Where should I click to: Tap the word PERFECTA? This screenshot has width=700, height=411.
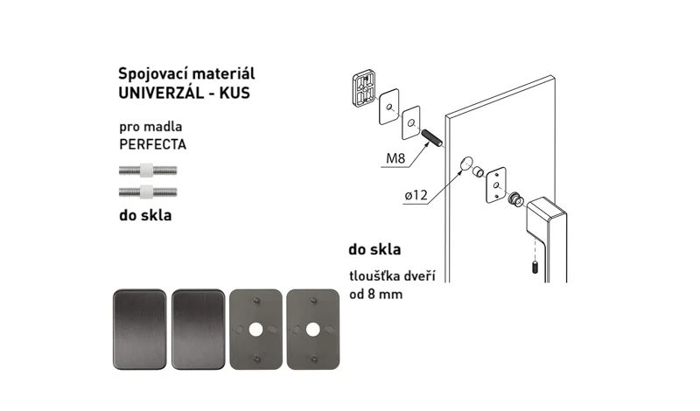[x=152, y=144]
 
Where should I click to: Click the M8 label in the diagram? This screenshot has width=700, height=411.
[x=395, y=158]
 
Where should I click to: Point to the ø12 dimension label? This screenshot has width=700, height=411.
[x=416, y=195]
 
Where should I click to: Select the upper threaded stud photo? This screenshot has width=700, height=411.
[x=148, y=170]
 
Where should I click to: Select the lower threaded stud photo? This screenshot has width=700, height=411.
[x=148, y=192]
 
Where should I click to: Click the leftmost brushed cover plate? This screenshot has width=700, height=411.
[x=140, y=330]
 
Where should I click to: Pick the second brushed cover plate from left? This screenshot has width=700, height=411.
[x=199, y=330]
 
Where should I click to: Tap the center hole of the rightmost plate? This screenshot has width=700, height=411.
[x=312, y=330]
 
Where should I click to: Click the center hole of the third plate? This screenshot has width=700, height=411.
[x=255, y=330]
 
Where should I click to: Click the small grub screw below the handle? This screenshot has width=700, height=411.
[x=535, y=268]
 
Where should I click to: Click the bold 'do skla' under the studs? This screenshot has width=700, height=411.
[x=145, y=215]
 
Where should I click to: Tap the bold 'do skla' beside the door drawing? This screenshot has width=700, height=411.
[x=374, y=249]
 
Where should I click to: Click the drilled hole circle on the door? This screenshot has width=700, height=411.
[x=466, y=164]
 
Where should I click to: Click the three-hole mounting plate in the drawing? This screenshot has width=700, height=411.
[x=495, y=185]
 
